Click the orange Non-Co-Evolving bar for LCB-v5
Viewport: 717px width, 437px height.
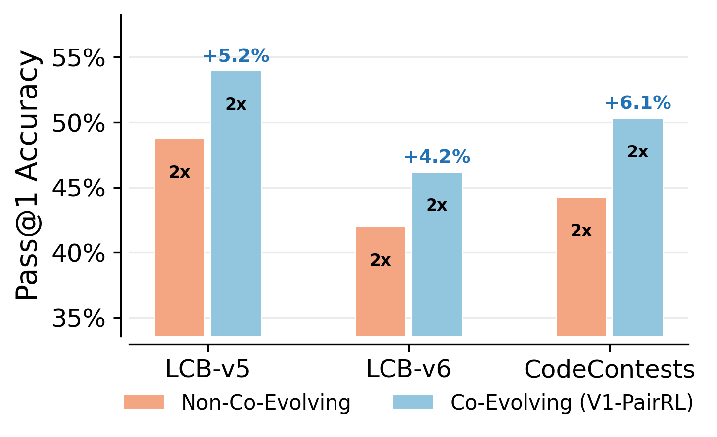tap(179, 238)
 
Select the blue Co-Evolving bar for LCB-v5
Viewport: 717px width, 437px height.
tap(236, 203)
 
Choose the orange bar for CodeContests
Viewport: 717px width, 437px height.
tap(581, 267)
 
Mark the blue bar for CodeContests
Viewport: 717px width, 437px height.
tap(637, 227)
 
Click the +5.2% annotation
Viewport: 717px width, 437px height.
tap(236, 56)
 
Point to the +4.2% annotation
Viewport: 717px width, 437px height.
tap(437, 157)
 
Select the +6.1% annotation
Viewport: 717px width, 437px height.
tap(638, 103)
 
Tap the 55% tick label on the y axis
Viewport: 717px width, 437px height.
tap(79, 58)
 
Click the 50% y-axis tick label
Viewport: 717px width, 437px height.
tap(79, 124)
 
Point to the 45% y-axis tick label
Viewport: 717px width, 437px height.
tap(79, 189)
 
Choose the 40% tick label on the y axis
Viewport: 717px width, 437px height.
tap(79, 254)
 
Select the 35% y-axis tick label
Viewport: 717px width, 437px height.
tap(79, 319)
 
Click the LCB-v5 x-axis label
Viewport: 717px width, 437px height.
tap(207, 369)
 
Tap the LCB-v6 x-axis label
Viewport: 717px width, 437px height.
tap(409, 369)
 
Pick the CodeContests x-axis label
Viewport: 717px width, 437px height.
tap(609, 369)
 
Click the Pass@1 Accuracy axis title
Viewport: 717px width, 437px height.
tap(27, 176)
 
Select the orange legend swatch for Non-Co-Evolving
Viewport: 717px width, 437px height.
tap(143, 402)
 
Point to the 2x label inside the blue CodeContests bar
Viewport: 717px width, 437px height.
tap(637, 152)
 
